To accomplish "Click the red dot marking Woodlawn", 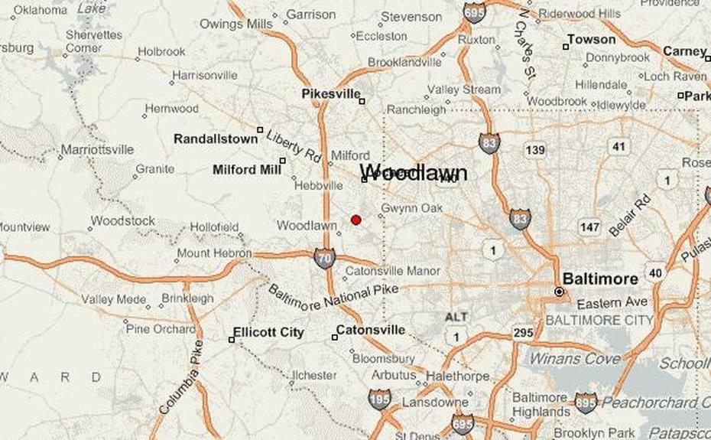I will [x=355, y=220].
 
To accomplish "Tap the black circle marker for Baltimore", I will [x=559, y=292].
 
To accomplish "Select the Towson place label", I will [x=591, y=39].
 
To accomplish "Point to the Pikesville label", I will [x=330, y=93].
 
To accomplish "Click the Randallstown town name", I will [x=216, y=139].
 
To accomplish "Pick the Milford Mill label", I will [x=246, y=169].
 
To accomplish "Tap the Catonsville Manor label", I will [x=393, y=271].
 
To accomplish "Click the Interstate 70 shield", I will [x=323, y=258].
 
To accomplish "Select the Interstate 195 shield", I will [x=379, y=399].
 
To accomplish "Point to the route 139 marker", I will [x=535, y=150].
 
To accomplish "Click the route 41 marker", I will [x=618, y=145].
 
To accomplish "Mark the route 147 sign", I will [x=589, y=227].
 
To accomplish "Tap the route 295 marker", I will [x=523, y=332].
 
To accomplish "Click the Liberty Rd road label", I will [x=293, y=145].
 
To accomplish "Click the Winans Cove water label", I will [x=576, y=358].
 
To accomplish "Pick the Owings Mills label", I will [x=235, y=24].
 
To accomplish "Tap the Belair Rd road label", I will [x=629, y=217].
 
